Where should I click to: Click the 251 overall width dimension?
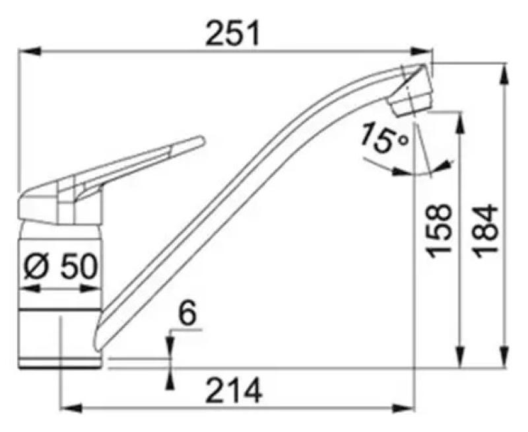coord(233,33)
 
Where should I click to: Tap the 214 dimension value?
coord(233,393)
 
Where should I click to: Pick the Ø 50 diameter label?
coord(60,267)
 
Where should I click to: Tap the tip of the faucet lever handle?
coord(199,141)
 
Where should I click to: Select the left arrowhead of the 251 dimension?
coord(23,50)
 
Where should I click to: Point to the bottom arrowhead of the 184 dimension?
coord(505,357)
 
